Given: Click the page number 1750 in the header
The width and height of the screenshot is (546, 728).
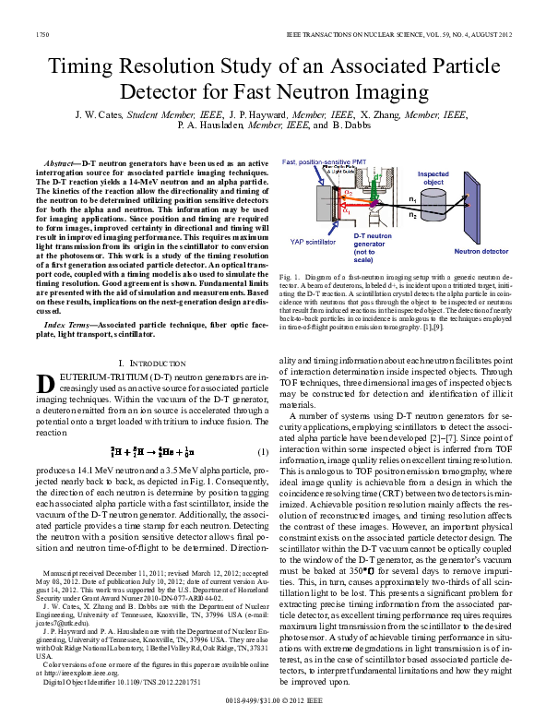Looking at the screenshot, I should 42,32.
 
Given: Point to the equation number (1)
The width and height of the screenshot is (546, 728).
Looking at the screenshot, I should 262,451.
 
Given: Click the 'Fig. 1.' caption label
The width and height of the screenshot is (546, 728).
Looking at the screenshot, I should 290,276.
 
